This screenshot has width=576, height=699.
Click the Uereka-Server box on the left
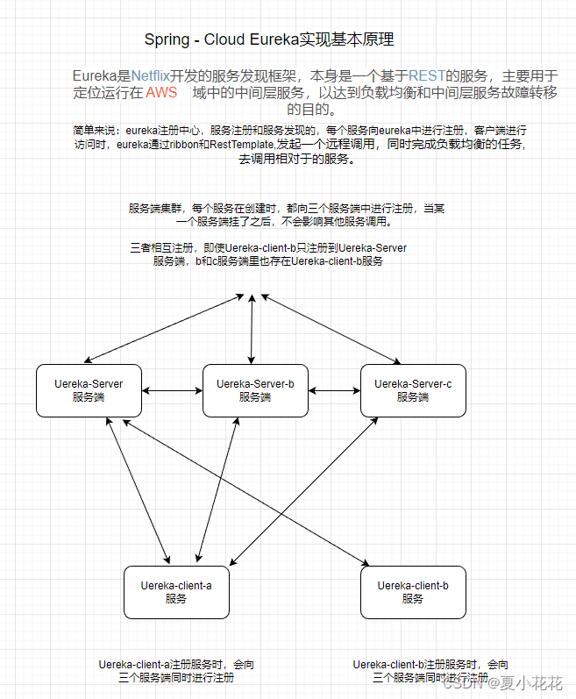click(89, 390)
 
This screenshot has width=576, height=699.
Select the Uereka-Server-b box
click(255, 390)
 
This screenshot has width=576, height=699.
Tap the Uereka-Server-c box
click(413, 390)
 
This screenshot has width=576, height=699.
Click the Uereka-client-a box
click(176, 592)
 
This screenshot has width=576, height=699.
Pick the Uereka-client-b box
click(413, 592)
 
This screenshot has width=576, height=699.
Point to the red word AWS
click(161, 93)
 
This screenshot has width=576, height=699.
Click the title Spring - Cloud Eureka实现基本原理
click(269, 39)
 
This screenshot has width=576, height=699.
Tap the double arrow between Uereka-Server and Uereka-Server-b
click(172, 390)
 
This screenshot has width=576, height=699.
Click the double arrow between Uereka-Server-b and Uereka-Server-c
click(334, 390)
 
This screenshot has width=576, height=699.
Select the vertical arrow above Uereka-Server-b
click(252, 329)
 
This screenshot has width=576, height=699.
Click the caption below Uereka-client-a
click(176, 671)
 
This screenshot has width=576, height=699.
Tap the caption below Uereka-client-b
click(430, 671)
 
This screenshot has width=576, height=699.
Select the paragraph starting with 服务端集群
click(287, 215)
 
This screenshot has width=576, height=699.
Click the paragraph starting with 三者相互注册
click(268, 254)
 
